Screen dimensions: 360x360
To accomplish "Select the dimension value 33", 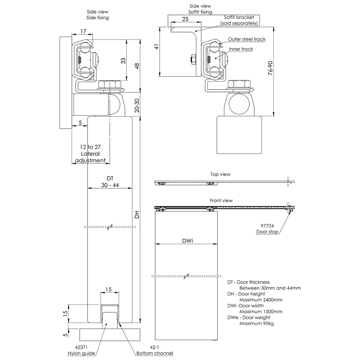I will coord(123,61).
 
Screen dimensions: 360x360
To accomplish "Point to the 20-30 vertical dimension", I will coord(137,105).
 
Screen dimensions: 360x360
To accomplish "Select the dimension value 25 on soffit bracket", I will coord(185,19).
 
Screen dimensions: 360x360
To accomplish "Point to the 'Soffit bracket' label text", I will coord(239,17).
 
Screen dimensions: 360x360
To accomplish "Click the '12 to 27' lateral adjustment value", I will coord(90,147).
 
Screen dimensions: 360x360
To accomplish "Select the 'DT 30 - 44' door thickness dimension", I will coord(110,182).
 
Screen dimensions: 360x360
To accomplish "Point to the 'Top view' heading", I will coord(220,174).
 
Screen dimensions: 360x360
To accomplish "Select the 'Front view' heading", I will coord(221,201).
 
